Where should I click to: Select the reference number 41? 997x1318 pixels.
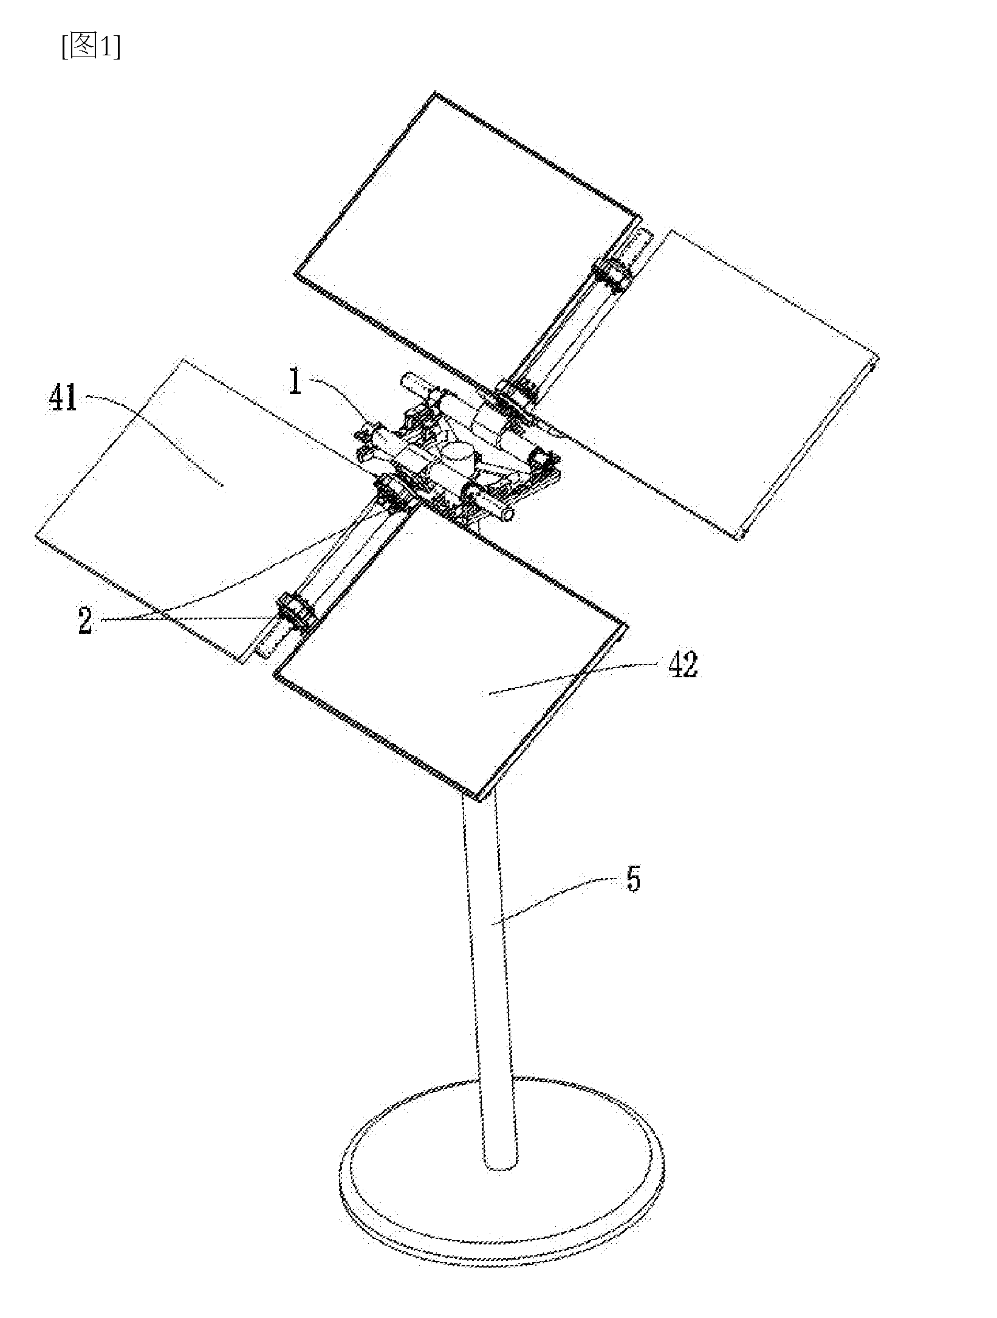(x=63, y=399)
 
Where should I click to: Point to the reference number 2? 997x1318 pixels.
(x=86, y=621)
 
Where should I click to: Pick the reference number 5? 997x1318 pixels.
(x=633, y=879)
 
